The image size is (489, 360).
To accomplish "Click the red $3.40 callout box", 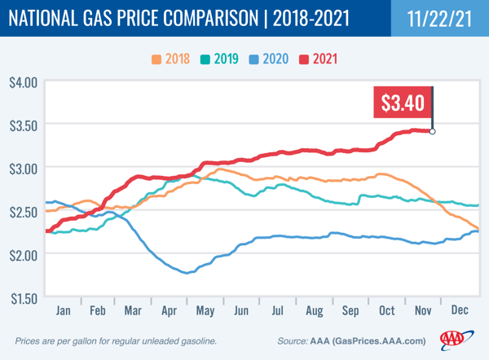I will (403, 103).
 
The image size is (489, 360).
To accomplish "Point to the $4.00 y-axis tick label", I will (23, 81).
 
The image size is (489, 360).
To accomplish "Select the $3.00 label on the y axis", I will (23, 168).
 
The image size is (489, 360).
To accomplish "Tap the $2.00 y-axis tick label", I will (23, 254).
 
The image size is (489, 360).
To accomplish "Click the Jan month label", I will (63, 310).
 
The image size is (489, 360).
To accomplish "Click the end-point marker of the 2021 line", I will (432, 131).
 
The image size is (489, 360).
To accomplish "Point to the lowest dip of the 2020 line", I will (187, 273).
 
